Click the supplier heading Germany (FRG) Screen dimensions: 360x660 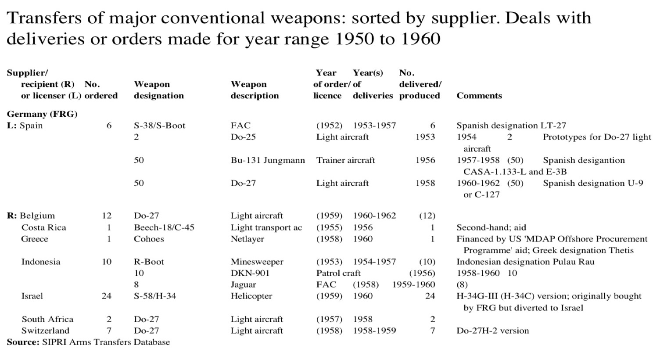click(42, 114)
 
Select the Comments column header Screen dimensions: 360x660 click(479, 96)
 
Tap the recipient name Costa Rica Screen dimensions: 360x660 click(44, 227)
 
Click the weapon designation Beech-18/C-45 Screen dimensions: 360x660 click(164, 227)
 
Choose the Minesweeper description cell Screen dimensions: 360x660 click(257, 262)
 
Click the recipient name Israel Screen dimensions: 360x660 click(32, 296)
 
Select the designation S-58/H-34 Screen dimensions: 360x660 click(155, 296)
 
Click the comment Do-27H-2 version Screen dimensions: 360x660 click(493, 331)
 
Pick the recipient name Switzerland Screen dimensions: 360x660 click(46, 331)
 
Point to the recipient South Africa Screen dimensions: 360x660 click(47, 319)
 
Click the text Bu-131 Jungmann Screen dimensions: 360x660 click(268, 160)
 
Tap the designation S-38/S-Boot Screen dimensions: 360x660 click(160, 126)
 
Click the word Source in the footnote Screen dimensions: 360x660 click(23, 342)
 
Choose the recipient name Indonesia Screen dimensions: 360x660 click(41, 262)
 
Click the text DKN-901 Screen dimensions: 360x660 click(250, 273)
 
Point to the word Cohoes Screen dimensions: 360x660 click(149, 239)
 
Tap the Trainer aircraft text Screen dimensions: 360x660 click(346, 160)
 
